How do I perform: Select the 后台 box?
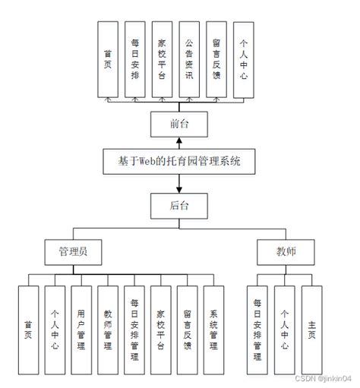tap(180, 204)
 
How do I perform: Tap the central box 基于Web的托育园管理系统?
tap(180, 162)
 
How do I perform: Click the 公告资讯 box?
tap(190, 60)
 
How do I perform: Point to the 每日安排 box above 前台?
tap(136, 60)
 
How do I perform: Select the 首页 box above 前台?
tap(109, 60)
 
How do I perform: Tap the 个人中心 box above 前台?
tap(244, 60)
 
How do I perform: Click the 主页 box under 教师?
tap(311, 327)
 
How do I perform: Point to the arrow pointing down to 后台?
tap(180, 184)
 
